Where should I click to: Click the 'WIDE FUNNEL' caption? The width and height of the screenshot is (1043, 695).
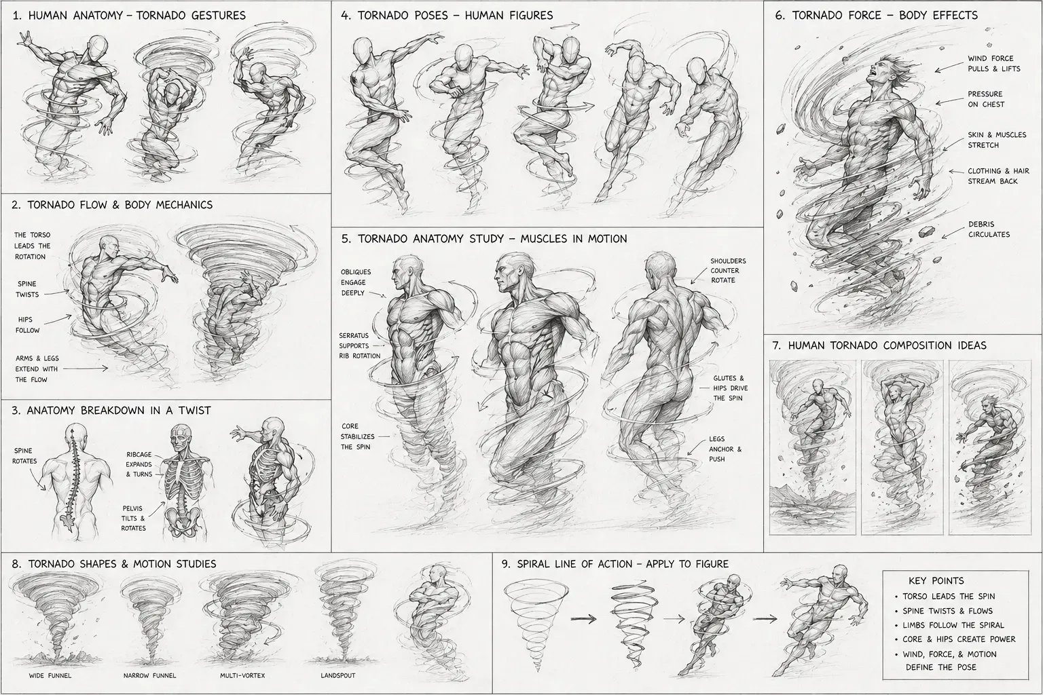point(50,675)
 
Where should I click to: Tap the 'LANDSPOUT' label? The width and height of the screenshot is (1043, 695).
point(337,675)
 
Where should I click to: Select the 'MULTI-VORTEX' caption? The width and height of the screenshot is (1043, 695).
point(242,675)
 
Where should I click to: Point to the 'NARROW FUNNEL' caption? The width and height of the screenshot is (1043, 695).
point(149,675)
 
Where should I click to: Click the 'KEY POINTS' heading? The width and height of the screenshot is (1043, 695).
point(936,581)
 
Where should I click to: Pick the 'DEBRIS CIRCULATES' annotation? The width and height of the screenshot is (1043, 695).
point(989,229)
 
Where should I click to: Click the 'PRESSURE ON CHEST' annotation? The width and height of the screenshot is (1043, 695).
point(986,99)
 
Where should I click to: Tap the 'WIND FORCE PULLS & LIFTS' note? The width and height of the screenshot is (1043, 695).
point(993,64)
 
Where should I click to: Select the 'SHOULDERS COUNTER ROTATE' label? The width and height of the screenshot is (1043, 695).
point(728,270)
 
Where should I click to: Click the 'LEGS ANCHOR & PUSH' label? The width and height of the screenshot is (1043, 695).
point(725,449)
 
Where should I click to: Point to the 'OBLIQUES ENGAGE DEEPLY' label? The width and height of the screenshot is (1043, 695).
point(356,282)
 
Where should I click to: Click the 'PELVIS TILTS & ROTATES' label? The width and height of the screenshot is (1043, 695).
point(134,518)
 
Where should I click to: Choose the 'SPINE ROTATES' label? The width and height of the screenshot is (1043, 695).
point(24,455)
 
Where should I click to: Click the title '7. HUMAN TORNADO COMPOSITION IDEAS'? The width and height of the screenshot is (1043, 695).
point(879,345)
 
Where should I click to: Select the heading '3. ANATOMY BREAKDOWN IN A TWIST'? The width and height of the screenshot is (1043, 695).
point(111,411)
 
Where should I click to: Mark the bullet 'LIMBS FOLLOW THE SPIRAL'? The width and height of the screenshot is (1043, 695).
point(953,625)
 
